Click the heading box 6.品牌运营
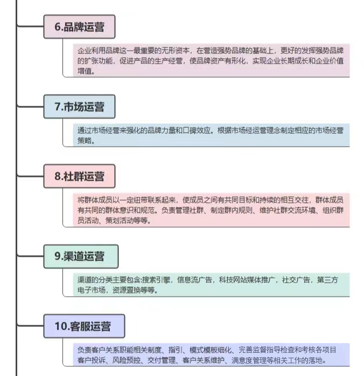tap(80, 26)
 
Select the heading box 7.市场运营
tap(80, 106)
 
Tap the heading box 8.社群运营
tap(80, 176)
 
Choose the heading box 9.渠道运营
tap(81, 256)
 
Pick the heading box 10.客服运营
tap(84, 326)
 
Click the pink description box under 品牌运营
tap(211, 60)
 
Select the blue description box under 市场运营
tap(211, 135)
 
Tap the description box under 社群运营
tap(211, 210)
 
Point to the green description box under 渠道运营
tap(211, 285)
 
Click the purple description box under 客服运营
tap(211, 355)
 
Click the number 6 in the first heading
tap(58, 26)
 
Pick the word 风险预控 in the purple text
tap(127, 360)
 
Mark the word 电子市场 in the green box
tap(92, 290)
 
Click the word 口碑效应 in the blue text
tap(197, 131)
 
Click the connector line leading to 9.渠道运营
tap(30, 256)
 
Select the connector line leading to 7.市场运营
tap(30, 106)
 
